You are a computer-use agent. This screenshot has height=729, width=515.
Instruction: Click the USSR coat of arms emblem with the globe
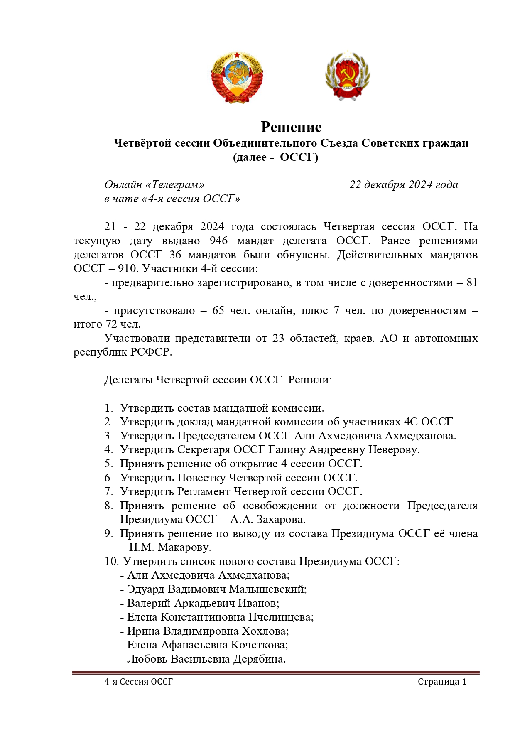(237, 78)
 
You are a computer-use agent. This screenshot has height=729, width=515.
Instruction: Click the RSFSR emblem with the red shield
(347, 76)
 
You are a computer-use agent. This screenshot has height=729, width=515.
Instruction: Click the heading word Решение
(291, 127)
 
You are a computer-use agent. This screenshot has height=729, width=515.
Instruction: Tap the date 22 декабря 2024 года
(403, 184)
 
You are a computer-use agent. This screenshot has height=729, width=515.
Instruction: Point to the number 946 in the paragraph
(219, 241)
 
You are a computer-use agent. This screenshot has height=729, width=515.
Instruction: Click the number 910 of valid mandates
(127, 268)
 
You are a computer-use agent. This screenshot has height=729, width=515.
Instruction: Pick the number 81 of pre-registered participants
(472, 282)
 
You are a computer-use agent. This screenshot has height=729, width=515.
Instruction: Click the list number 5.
(108, 464)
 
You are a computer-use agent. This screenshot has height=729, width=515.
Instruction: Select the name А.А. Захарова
(268, 519)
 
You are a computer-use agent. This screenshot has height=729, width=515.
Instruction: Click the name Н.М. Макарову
(170, 547)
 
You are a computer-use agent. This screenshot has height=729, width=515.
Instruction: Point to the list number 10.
(111, 561)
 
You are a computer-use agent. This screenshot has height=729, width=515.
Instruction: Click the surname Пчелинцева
(281, 617)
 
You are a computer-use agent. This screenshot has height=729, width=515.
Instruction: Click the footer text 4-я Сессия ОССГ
(138, 682)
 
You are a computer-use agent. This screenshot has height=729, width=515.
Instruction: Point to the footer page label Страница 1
(442, 682)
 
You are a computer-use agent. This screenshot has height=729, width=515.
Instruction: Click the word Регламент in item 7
(204, 491)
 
